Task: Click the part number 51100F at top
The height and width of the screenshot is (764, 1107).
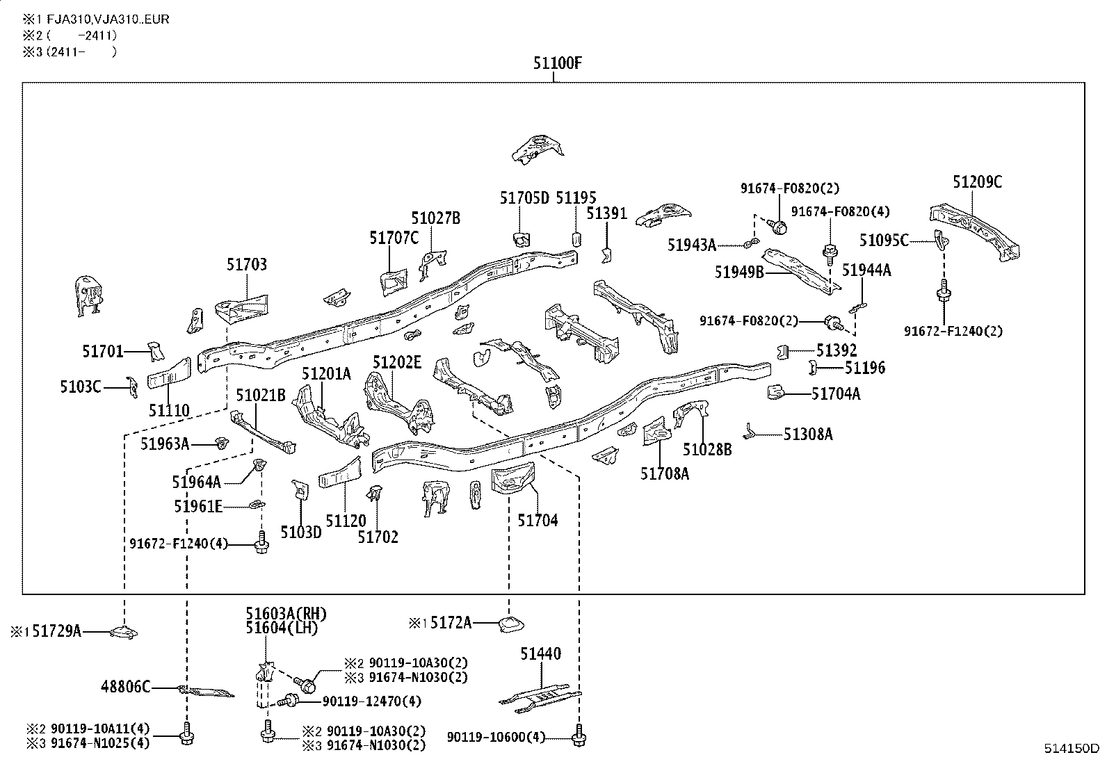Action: tap(557, 63)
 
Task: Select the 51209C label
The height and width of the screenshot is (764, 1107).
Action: tap(977, 182)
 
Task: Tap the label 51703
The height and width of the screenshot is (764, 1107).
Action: tap(246, 265)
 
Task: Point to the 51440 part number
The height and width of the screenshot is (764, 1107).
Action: tap(540, 653)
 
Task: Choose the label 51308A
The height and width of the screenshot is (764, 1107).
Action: tap(808, 434)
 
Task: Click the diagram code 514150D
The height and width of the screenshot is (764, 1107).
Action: tap(1072, 749)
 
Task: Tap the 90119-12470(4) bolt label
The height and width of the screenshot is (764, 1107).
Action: tap(371, 701)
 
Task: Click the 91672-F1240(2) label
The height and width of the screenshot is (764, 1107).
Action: tap(953, 331)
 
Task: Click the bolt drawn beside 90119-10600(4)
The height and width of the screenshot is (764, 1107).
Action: tap(579, 738)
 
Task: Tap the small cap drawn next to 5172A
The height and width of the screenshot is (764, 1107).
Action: tap(510, 625)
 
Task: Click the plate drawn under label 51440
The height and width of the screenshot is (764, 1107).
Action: tap(540, 696)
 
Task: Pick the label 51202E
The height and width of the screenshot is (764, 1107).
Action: tap(397, 362)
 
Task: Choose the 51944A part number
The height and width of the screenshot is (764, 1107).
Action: tap(866, 270)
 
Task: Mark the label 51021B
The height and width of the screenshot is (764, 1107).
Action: tap(261, 396)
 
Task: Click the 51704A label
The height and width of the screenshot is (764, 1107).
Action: tap(836, 394)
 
